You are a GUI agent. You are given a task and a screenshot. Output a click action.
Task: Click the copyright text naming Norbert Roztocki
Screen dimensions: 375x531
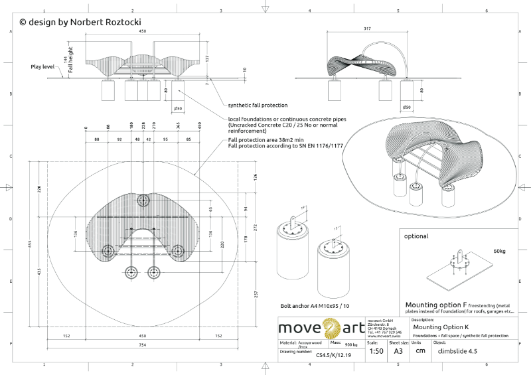click(x=80, y=22)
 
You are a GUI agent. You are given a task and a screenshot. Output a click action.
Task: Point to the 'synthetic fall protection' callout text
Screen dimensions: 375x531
click(x=258, y=105)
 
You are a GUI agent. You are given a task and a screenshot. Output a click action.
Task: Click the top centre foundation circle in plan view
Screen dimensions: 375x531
click(x=143, y=200)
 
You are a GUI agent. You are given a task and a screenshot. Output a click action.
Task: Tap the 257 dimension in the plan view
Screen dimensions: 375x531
click(x=256, y=293)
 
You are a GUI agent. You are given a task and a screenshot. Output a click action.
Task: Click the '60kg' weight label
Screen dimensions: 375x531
click(x=498, y=251)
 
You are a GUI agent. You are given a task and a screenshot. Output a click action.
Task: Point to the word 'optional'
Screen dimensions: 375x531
click(x=416, y=236)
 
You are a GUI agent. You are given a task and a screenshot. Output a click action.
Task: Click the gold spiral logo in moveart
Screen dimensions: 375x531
click(x=330, y=328)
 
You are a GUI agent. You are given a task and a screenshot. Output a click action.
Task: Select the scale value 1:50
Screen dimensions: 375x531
click(x=376, y=351)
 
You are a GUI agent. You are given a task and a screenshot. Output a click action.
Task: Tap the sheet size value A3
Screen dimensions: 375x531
click(x=398, y=351)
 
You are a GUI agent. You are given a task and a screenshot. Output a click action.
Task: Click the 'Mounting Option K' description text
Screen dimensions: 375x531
click(x=441, y=327)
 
